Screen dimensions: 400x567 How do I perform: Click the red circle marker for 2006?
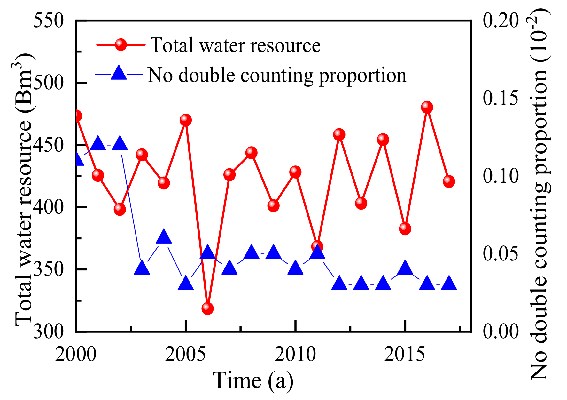[207, 308]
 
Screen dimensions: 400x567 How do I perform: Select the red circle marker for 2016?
[427, 107]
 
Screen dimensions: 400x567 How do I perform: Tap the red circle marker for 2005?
[186, 120]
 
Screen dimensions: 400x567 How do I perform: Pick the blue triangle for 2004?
[164, 237]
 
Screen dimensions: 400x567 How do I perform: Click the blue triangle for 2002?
[120, 144]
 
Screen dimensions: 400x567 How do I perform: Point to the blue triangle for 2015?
[405, 268]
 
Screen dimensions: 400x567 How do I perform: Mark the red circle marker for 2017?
[449, 181]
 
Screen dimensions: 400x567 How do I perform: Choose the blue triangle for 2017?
[449, 284]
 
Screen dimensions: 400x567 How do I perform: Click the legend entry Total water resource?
[236, 45]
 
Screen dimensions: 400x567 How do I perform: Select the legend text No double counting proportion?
[277, 75]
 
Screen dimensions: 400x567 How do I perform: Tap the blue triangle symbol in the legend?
[119, 73]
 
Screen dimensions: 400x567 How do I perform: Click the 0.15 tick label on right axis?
[501, 98]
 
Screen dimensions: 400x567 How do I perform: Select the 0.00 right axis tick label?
[501, 331]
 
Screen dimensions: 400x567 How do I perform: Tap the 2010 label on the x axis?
[295, 355]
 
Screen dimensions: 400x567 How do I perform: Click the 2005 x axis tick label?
[185, 355]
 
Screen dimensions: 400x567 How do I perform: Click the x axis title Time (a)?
[253, 380]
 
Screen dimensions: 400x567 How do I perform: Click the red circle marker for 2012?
[339, 135]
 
